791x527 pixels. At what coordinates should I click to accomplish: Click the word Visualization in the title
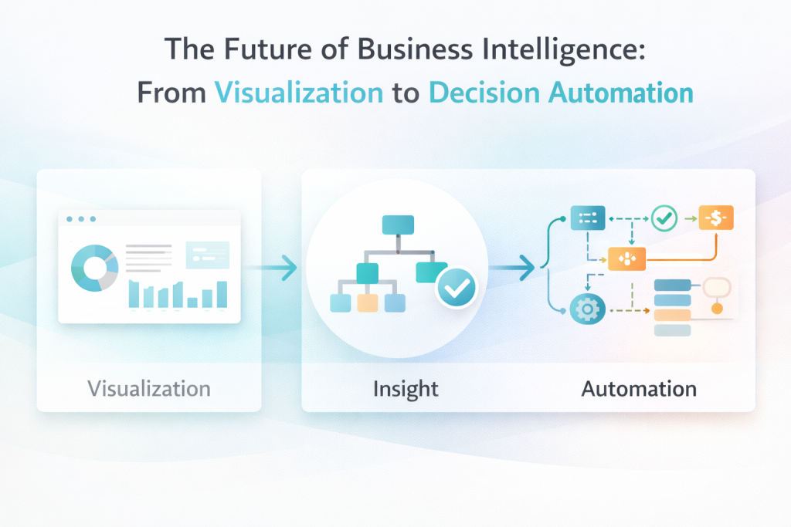tap(298, 93)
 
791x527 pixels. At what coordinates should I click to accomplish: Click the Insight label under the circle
tap(406, 388)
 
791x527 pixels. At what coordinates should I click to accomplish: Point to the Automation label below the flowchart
tap(638, 388)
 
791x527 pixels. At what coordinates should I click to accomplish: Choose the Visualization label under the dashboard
tap(149, 388)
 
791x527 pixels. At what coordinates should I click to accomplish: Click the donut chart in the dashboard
tap(94, 269)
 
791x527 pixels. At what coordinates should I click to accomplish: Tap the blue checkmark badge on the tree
tap(457, 289)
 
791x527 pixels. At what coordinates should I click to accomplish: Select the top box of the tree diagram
tap(398, 224)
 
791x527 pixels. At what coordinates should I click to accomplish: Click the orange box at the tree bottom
tap(368, 302)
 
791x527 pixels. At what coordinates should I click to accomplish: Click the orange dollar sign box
tap(716, 219)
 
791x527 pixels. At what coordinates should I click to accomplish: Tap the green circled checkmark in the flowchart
tap(664, 219)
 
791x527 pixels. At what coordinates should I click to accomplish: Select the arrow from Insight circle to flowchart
tap(513, 269)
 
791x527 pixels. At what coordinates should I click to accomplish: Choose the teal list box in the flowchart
tap(588, 219)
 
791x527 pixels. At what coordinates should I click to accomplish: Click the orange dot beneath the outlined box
tap(717, 309)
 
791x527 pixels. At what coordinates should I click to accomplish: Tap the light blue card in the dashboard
tap(207, 255)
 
